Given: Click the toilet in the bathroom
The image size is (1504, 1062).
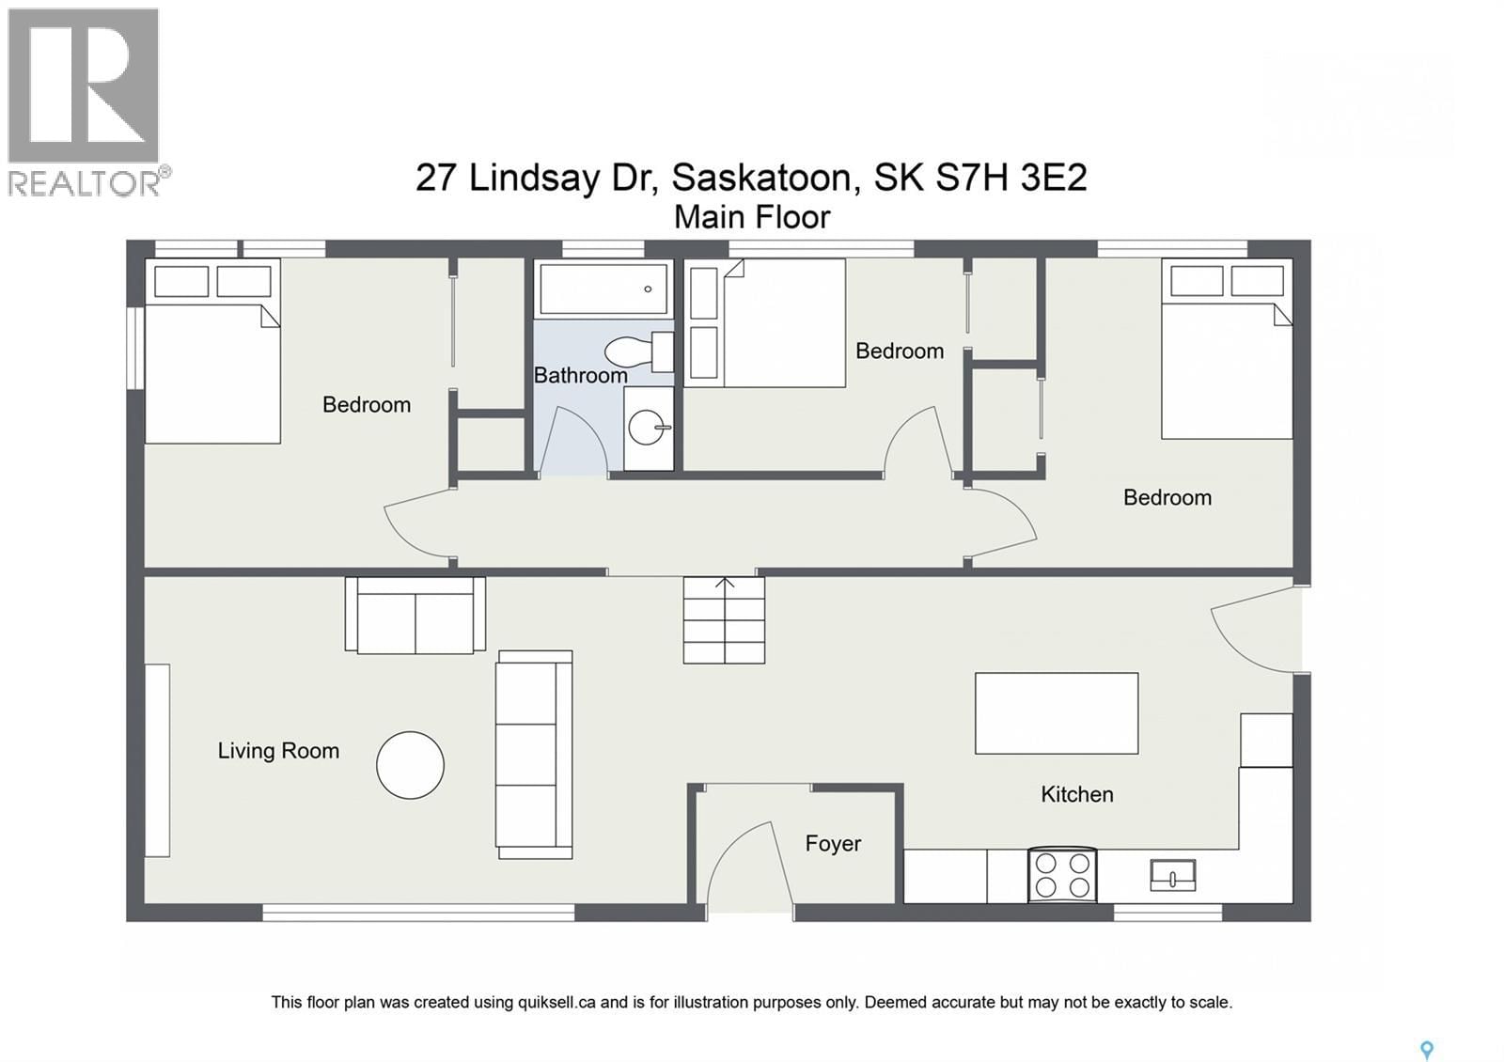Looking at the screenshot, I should [634, 352].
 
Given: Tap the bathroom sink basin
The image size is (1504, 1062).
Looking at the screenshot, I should [648, 429].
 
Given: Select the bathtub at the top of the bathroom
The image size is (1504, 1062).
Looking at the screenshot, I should [603, 289].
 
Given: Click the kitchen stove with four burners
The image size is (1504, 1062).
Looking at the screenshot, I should [1062, 875].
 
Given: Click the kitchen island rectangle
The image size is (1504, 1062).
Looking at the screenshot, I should [1057, 713].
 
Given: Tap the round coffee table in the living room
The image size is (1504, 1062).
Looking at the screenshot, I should [410, 765].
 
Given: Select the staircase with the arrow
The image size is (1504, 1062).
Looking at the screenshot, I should [724, 621].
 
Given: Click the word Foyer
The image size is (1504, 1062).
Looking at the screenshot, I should [833, 843].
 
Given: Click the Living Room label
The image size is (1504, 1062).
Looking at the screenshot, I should [278, 751].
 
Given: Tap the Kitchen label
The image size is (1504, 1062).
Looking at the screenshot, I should [1076, 794].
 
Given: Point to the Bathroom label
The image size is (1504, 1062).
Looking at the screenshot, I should [580, 375].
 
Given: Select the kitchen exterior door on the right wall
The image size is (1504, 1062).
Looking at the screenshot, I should [1255, 628].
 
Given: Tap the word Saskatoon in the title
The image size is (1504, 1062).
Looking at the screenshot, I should [762, 177].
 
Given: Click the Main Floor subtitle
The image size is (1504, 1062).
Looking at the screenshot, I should [752, 217].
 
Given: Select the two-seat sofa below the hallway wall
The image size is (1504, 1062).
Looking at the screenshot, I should [415, 616].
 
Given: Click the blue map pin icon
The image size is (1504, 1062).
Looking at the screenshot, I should [1426, 1050].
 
